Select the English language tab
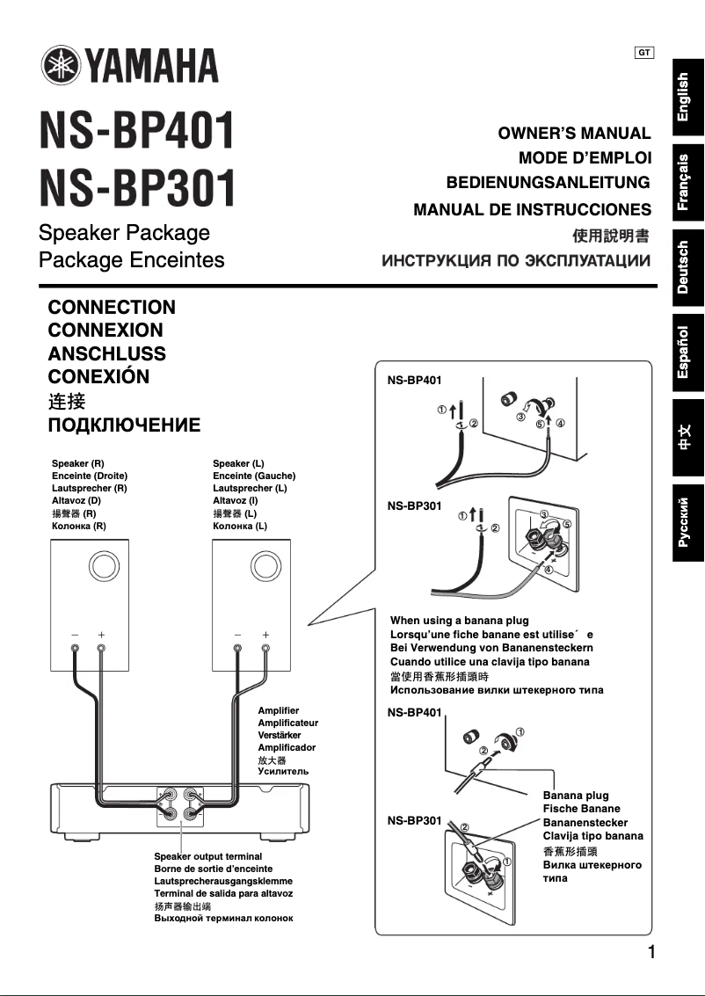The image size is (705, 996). [x=688, y=97]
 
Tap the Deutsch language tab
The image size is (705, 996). [x=688, y=266]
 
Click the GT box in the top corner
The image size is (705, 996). [x=643, y=53]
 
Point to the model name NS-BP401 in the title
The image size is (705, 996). [x=137, y=131]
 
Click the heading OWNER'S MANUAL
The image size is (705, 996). [x=574, y=134]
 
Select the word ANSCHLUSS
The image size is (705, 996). [x=106, y=354]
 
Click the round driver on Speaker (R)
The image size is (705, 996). [x=102, y=564]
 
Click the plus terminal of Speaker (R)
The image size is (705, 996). [x=102, y=650]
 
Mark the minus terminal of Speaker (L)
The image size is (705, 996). [x=237, y=650]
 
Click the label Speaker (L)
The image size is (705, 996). [x=238, y=463]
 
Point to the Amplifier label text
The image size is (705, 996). [x=278, y=710]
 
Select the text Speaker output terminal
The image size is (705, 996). [x=207, y=855]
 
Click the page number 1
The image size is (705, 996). [x=651, y=952]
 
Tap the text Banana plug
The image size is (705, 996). [x=575, y=796]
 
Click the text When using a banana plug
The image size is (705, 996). [x=459, y=621]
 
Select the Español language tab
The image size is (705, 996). [x=688, y=352]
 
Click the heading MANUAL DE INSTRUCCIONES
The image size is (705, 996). [x=532, y=210]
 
